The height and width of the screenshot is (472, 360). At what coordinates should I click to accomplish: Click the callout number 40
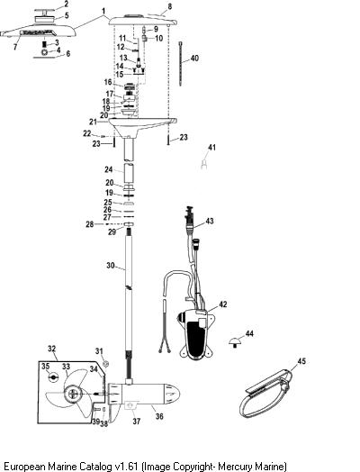(194, 58)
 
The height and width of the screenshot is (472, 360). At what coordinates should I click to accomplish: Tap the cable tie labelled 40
(181, 64)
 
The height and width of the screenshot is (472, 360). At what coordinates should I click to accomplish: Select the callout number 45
(301, 360)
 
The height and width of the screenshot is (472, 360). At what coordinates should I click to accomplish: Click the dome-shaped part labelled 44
(235, 341)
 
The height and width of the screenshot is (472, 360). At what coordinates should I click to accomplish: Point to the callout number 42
(223, 304)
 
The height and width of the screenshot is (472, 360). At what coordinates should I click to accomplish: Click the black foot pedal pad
(196, 339)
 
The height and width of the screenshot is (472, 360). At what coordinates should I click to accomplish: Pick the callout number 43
(210, 221)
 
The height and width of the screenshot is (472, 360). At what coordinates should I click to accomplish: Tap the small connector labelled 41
(204, 164)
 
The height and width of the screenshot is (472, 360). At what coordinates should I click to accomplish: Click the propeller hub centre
(74, 394)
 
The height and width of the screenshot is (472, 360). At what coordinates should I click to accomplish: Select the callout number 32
(51, 349)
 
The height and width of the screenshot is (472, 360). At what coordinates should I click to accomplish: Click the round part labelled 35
(53, 377)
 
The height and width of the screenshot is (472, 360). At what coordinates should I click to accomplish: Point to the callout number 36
(159, 416)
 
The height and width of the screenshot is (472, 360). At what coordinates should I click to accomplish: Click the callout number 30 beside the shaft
(111, 265)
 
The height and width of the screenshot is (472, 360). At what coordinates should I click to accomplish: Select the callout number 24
(109, 169)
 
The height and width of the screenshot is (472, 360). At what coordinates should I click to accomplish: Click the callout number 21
(94, 122)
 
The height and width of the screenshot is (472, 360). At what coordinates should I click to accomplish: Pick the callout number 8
(170, 6)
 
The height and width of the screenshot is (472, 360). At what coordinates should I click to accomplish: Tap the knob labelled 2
(45, 11)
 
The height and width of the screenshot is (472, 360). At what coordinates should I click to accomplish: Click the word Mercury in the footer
(233, 467)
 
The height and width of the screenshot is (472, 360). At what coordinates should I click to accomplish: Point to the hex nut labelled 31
(105, 364)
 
